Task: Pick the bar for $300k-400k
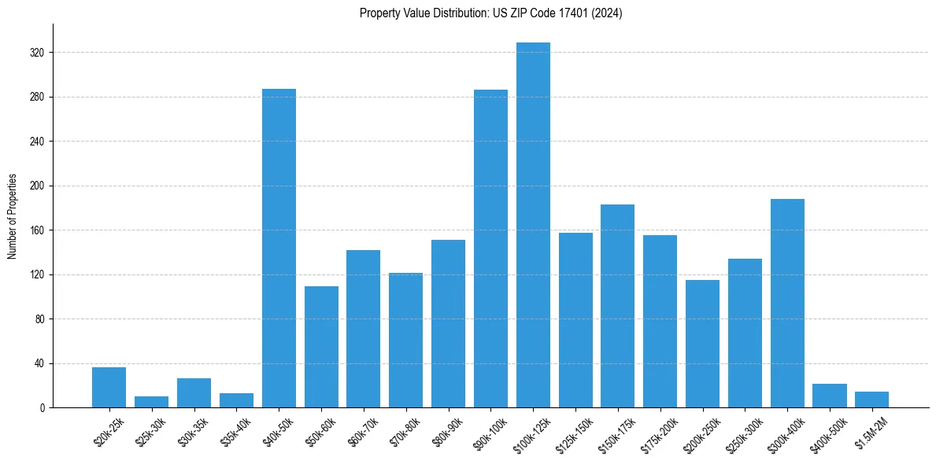point(787,303)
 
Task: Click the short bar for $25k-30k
point(151,402)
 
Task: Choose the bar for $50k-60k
point(321,347)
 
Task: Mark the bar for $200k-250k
point(702,344)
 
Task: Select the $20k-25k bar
point(109,388)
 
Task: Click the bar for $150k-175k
point(617,306)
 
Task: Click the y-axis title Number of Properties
point(12,216)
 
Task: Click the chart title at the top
point(490,13)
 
